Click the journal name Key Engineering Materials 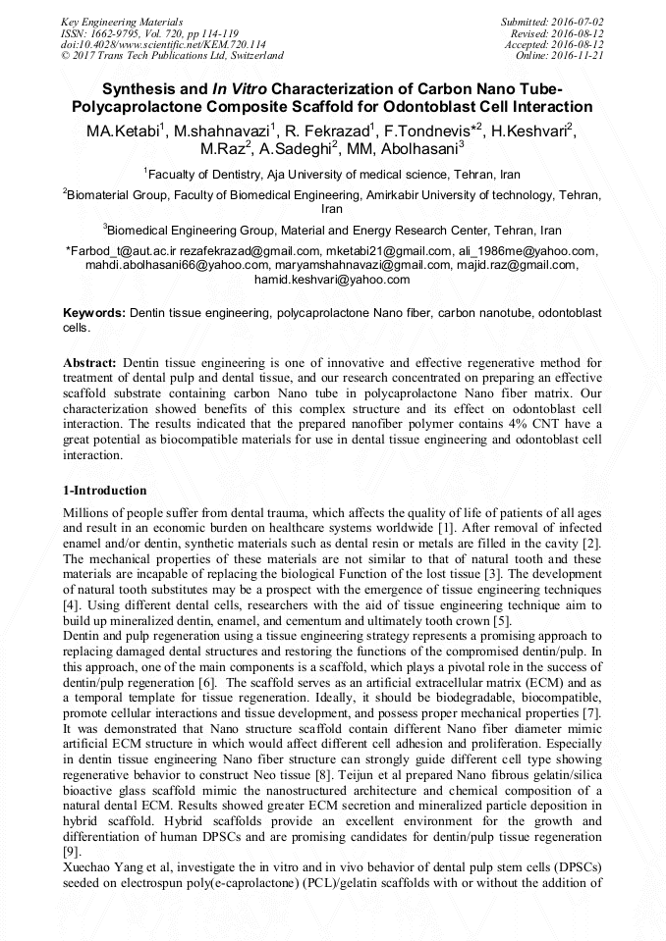(122, 22)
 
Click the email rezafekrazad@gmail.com (247, 251)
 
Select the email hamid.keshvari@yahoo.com (332, 280)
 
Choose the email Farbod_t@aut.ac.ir (118, 251)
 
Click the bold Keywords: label (93, 312)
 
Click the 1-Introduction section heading (105, 491)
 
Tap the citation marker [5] (501, 620)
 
